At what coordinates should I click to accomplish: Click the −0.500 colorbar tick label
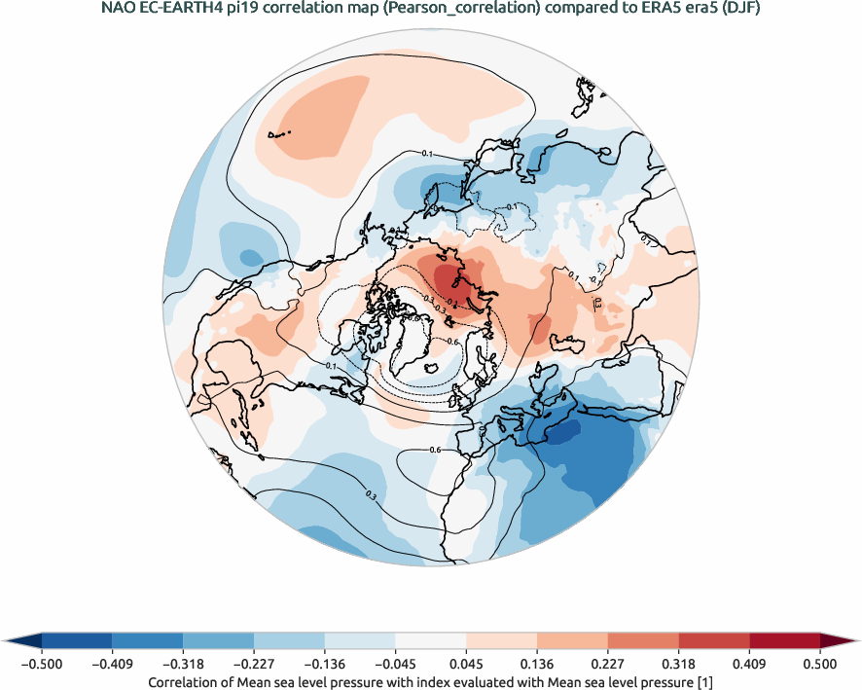click(43, 664)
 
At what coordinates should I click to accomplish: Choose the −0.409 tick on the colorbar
click(113, 664)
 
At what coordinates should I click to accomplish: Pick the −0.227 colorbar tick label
click(254, 664)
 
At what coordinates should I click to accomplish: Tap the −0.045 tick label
click(395, 664)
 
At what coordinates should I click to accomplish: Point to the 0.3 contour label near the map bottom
click(371, 496)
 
